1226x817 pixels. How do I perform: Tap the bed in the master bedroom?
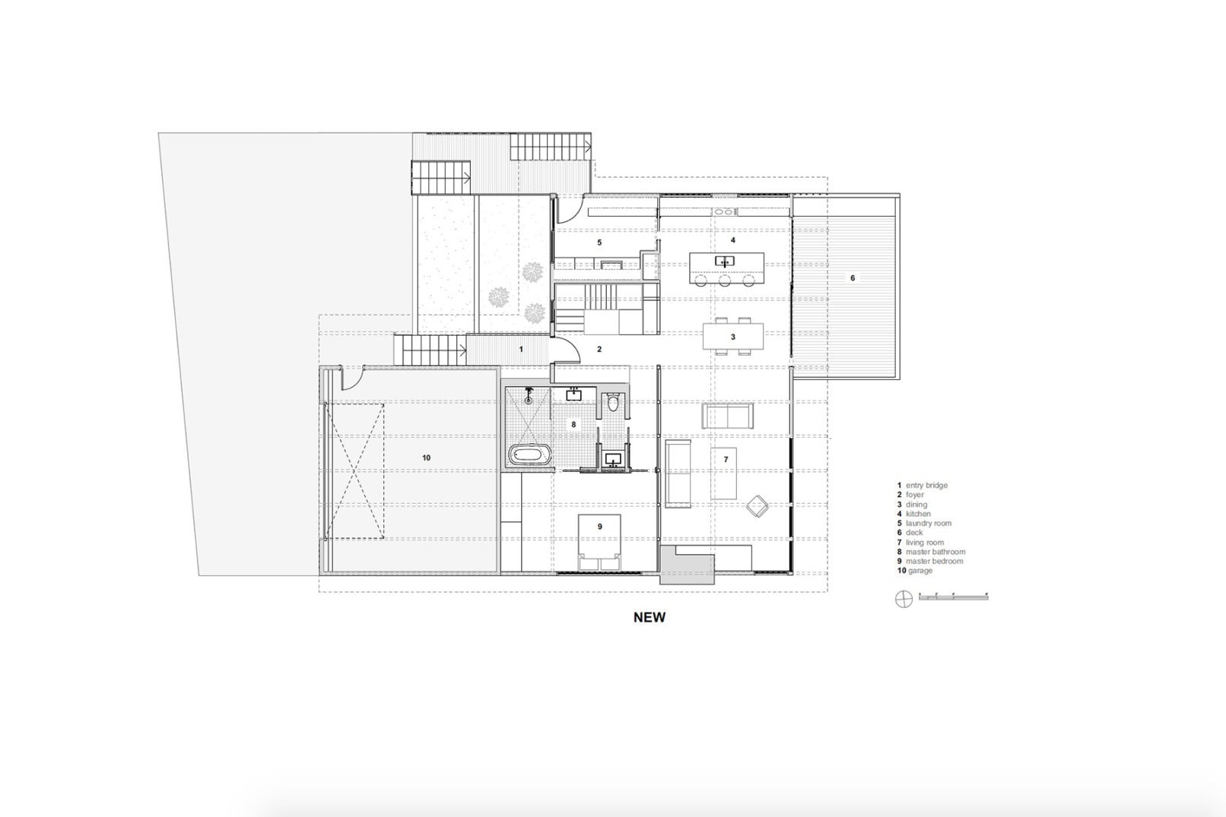600,542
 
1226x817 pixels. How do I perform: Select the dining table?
732,337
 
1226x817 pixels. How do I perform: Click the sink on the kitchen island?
724,261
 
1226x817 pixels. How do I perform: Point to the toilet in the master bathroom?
613,404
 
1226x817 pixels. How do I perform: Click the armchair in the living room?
758,506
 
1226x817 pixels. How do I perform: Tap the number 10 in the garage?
426,458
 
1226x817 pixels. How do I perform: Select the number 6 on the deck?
853,278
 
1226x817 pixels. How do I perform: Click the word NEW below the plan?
649,617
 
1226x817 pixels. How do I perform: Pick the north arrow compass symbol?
903,598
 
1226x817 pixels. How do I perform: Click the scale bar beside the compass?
953,597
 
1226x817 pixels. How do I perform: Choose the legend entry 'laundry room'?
928,523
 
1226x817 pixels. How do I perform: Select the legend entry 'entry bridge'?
926,485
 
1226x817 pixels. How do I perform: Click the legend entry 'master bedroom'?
934,561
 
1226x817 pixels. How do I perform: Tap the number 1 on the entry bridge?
521,350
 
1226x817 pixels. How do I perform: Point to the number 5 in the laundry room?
599,242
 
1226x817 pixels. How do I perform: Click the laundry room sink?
611,265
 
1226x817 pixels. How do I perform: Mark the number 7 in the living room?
726,460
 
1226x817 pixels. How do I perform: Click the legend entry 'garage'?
919,571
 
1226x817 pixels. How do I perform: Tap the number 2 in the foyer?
599,350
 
